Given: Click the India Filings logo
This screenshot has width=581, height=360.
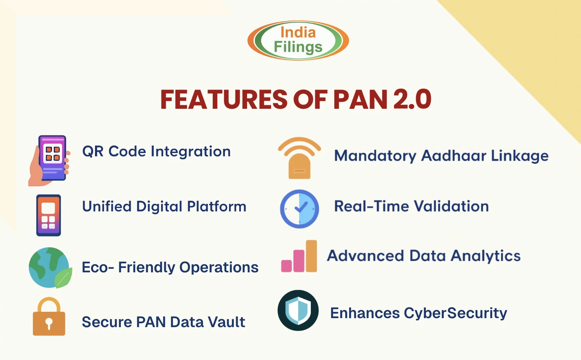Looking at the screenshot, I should click(298, 40).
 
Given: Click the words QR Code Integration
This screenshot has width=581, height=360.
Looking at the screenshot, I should click(156, 151).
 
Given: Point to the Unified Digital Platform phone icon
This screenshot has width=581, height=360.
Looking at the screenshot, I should click(48, 215).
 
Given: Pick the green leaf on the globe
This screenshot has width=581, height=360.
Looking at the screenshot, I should click(63, 278).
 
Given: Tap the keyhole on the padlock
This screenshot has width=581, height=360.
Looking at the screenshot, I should click(49, 323).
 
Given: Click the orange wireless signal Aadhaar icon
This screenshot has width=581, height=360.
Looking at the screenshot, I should click(299, 158).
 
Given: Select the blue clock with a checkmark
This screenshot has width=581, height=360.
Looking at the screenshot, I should click(299, 209).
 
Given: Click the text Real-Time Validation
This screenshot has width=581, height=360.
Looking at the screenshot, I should click(411, 206).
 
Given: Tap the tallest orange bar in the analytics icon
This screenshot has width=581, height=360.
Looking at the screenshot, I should click(311, 256).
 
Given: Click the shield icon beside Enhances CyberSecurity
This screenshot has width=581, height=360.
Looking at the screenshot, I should click(298, 310).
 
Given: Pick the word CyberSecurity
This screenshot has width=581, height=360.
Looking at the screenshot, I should click(455, 313).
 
